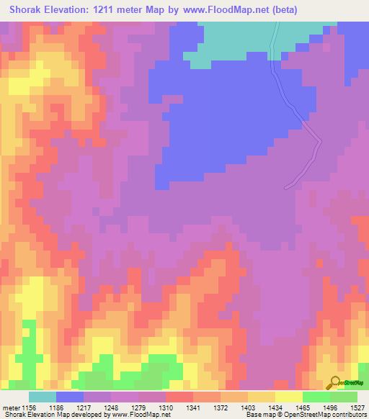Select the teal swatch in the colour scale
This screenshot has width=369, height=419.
[43, 397]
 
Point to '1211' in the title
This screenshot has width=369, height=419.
[107, 10]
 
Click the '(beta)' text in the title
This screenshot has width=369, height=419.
[281, 10]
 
